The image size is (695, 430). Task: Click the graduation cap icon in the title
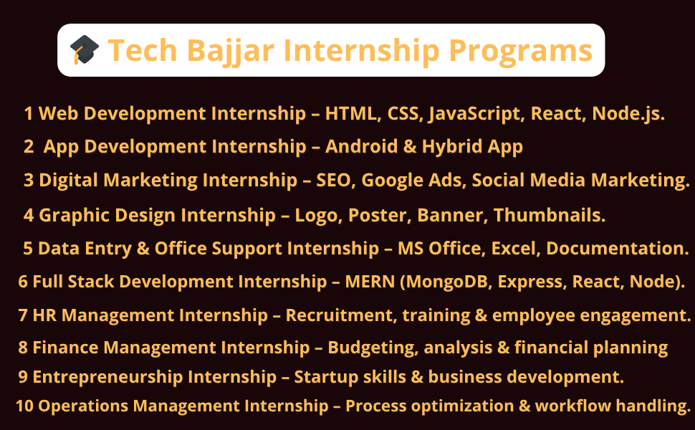tap(85, 49)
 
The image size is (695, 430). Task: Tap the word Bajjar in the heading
tap(231, 51)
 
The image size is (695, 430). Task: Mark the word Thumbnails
tap(550, 215)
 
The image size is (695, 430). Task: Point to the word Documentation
tap(615, 248)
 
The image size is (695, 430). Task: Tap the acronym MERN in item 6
tap(370, 282)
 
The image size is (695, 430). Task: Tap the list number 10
tap(24, 406)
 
